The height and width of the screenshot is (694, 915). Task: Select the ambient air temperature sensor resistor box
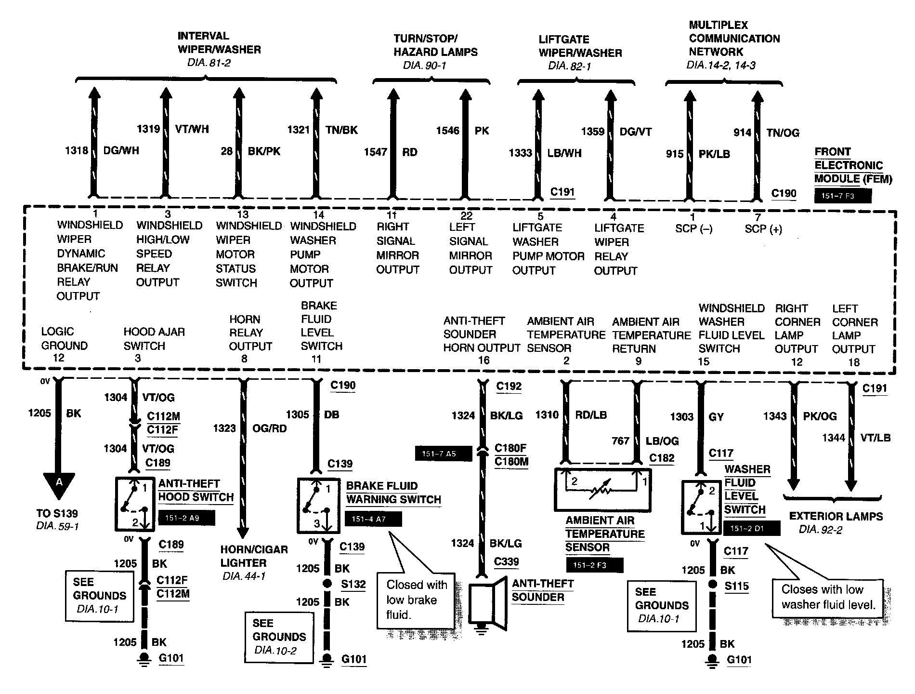click(x=602, y=489)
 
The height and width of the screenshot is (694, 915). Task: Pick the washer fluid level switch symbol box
click(x=701, y=507)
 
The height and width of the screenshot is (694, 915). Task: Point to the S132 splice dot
click(x=327, y=584)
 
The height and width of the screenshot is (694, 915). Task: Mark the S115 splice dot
click(x=712, y=586)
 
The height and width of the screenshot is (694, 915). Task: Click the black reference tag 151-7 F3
click(x=843, y=196)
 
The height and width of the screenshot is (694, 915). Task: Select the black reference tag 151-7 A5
click(x=443, y=454)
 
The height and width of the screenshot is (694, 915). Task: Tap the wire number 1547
click(x=375, y=152)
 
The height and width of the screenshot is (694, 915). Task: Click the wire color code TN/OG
click(x=783, y=133)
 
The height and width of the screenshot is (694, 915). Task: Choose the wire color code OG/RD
click(x=269, y=428)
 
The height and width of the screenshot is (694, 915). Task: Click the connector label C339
click(x=506, y=562)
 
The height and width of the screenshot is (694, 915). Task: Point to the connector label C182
click(x=662, y=458)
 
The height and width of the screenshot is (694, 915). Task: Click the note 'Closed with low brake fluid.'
click(x=417, y=600)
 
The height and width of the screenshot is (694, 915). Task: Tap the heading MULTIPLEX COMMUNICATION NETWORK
click(x=734, y=39)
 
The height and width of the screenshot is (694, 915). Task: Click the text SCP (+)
click(x=763, y=229)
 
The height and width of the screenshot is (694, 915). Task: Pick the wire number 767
click(x=621, y=441)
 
